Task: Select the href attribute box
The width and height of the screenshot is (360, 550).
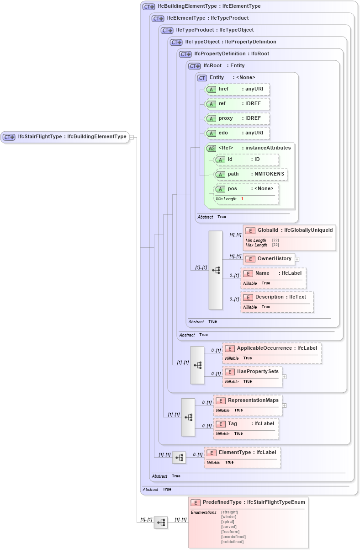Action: tap(237, 89)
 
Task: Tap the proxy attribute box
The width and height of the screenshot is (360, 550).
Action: tap(237, 118)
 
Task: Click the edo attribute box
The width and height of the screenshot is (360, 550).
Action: tap(237, 133)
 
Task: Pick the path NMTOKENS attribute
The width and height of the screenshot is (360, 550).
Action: tap(251, 174)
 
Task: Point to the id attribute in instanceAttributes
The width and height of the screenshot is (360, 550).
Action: tap(246, 160)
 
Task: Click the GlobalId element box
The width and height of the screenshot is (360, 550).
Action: tap(289, 230)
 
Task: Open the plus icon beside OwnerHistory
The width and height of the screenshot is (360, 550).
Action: tap(297, 259)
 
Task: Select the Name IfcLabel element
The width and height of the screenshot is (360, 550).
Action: tap(273, 273)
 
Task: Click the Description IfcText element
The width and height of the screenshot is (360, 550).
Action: tap(277, 297)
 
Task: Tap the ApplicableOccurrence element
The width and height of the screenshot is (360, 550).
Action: tap(272, 348)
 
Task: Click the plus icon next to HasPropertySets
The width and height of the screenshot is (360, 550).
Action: tap(284, 377)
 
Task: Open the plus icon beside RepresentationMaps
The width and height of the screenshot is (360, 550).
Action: tap(284, 405)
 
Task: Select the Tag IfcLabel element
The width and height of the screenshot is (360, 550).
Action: tap(246, 424)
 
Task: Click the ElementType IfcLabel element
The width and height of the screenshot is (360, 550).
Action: tap(242, 453)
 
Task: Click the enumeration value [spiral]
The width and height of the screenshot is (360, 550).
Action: tap(228, 522)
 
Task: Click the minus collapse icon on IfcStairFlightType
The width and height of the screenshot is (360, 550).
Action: tap(131, 137)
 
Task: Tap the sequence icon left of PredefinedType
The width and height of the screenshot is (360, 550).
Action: tap(161, 523)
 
